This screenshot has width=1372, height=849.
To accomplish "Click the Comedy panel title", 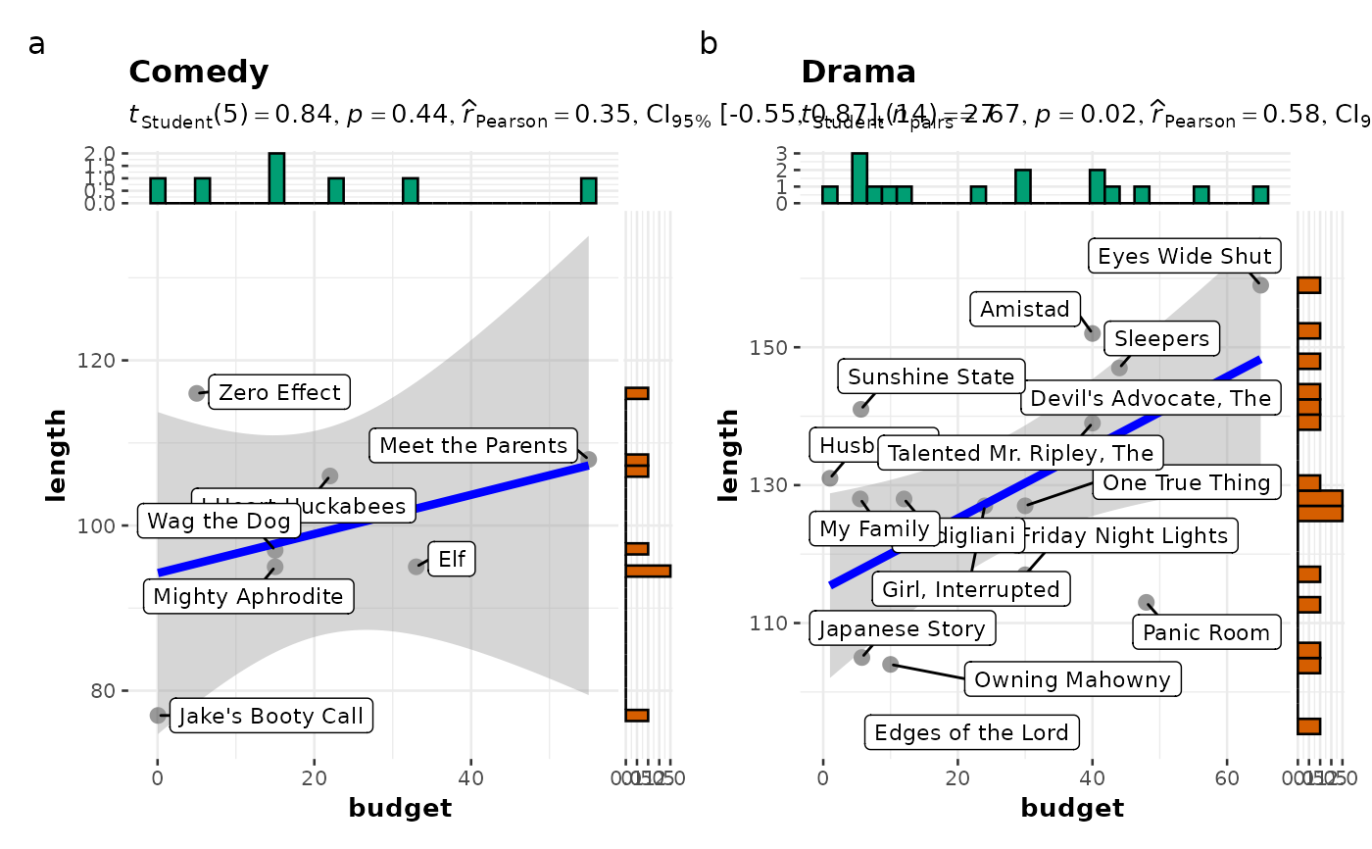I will click(x=198, y=73).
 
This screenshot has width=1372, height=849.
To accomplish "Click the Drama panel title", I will click(x=858, y=73).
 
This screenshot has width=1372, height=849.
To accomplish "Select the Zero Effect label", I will click(x=279, y=393).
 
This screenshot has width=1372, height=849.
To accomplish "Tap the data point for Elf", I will click(x=416, y=567).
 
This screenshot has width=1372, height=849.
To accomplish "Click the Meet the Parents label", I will click(x=473, y=446).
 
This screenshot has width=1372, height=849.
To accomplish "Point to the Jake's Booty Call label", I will click(x=270, y=716).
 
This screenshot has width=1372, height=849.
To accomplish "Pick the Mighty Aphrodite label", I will click(x=248, y=596).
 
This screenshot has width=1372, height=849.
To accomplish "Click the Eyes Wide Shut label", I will click(x=1185, y=257).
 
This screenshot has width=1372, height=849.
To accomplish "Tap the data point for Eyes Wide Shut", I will click(x=1260, y=285).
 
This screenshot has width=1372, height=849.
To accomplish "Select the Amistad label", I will click(x=1025, y=310).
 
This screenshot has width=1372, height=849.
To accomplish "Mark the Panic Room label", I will click(x=1206, y=633).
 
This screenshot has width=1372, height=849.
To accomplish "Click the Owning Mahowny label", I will click(x=1073, y=680).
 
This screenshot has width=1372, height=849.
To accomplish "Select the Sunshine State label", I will click(x=931, y=376).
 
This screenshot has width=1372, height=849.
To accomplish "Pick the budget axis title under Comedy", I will click(x=400, y=809).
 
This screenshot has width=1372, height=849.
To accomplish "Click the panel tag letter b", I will click(x=709, y=44).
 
